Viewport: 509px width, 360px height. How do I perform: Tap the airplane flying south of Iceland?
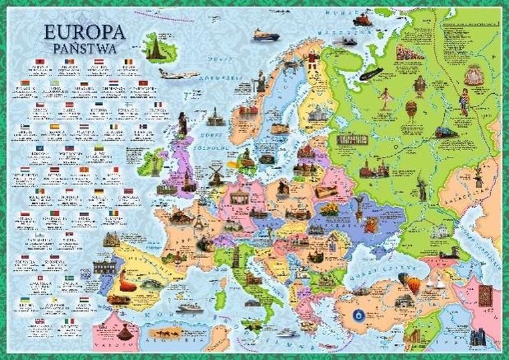[178, 73]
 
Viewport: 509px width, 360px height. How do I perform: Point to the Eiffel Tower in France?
[199, 221]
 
